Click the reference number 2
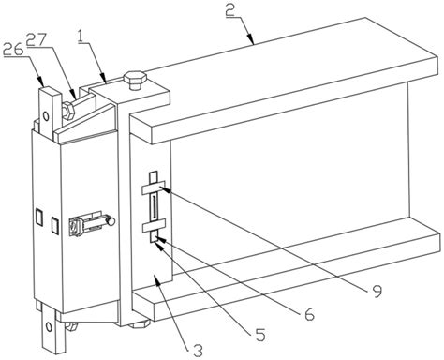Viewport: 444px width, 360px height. [x=230, y=11]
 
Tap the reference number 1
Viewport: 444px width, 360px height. [x=81, y=37]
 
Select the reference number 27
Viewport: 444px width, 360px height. [x=37, y=39]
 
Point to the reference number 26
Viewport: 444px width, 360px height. [x=14, y=50]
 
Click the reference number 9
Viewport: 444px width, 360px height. [x=377, y=292]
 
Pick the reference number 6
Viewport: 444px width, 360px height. [x=308, y=314]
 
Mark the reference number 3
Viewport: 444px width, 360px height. [x=198, y=350]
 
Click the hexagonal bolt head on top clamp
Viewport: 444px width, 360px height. [x=135, y=81]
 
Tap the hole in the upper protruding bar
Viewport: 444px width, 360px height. [x=46, y=117]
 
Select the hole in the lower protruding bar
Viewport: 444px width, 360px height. [x=49, y=327]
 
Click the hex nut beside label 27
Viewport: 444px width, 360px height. [x=68, y=111]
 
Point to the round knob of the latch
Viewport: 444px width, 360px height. [x=111, y=221]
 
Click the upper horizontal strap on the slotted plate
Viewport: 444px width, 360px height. [x=154, y=187]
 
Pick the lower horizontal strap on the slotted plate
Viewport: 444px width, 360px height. [x=154, y=226]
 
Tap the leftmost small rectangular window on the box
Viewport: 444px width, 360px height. [x=38, y=217]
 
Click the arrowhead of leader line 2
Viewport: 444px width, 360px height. [x=252, y=41]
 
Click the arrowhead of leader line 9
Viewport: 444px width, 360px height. [x=165, y=188]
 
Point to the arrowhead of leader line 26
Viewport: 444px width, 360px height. [x=41, y=83]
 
